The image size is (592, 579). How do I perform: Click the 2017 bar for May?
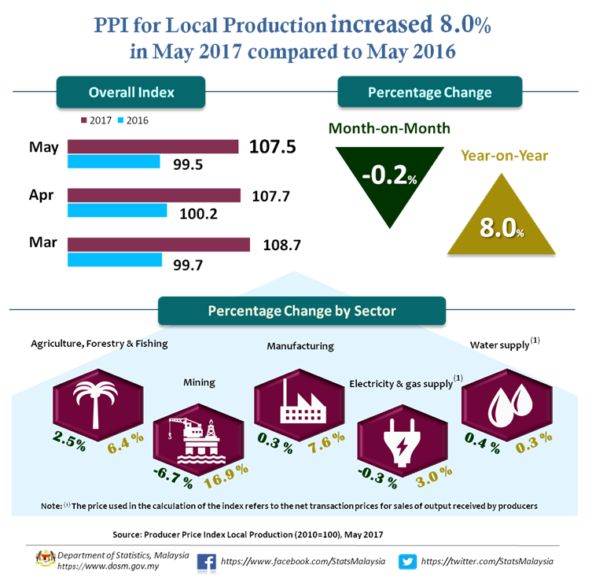tap(153, 146)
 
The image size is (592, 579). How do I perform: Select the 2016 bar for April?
tap(117, 211)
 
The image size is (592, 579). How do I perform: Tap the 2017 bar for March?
tap(158, 244)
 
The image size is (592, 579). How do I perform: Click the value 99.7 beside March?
tap(187, 264)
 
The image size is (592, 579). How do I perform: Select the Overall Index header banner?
tap(131, 92)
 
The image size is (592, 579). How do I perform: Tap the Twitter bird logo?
tap(407, 561)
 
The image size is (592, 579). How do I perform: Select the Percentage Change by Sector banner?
tap(302, 311)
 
